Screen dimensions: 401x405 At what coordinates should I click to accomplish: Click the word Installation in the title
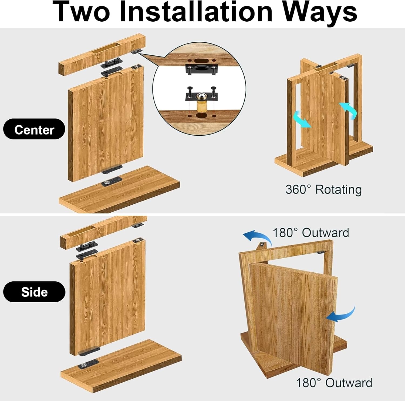[196, 12]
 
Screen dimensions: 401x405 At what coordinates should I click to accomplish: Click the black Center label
[34, 129]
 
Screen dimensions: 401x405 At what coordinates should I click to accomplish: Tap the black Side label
[34, 292]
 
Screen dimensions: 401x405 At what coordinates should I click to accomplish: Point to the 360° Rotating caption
[323, 189]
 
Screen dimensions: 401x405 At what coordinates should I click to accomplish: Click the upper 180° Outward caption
[311, 233]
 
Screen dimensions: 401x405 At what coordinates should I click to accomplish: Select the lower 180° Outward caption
[334, 383]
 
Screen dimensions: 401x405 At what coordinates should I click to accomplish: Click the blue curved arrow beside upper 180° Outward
[258, 237]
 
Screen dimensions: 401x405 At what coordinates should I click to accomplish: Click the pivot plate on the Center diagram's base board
[111, 181]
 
